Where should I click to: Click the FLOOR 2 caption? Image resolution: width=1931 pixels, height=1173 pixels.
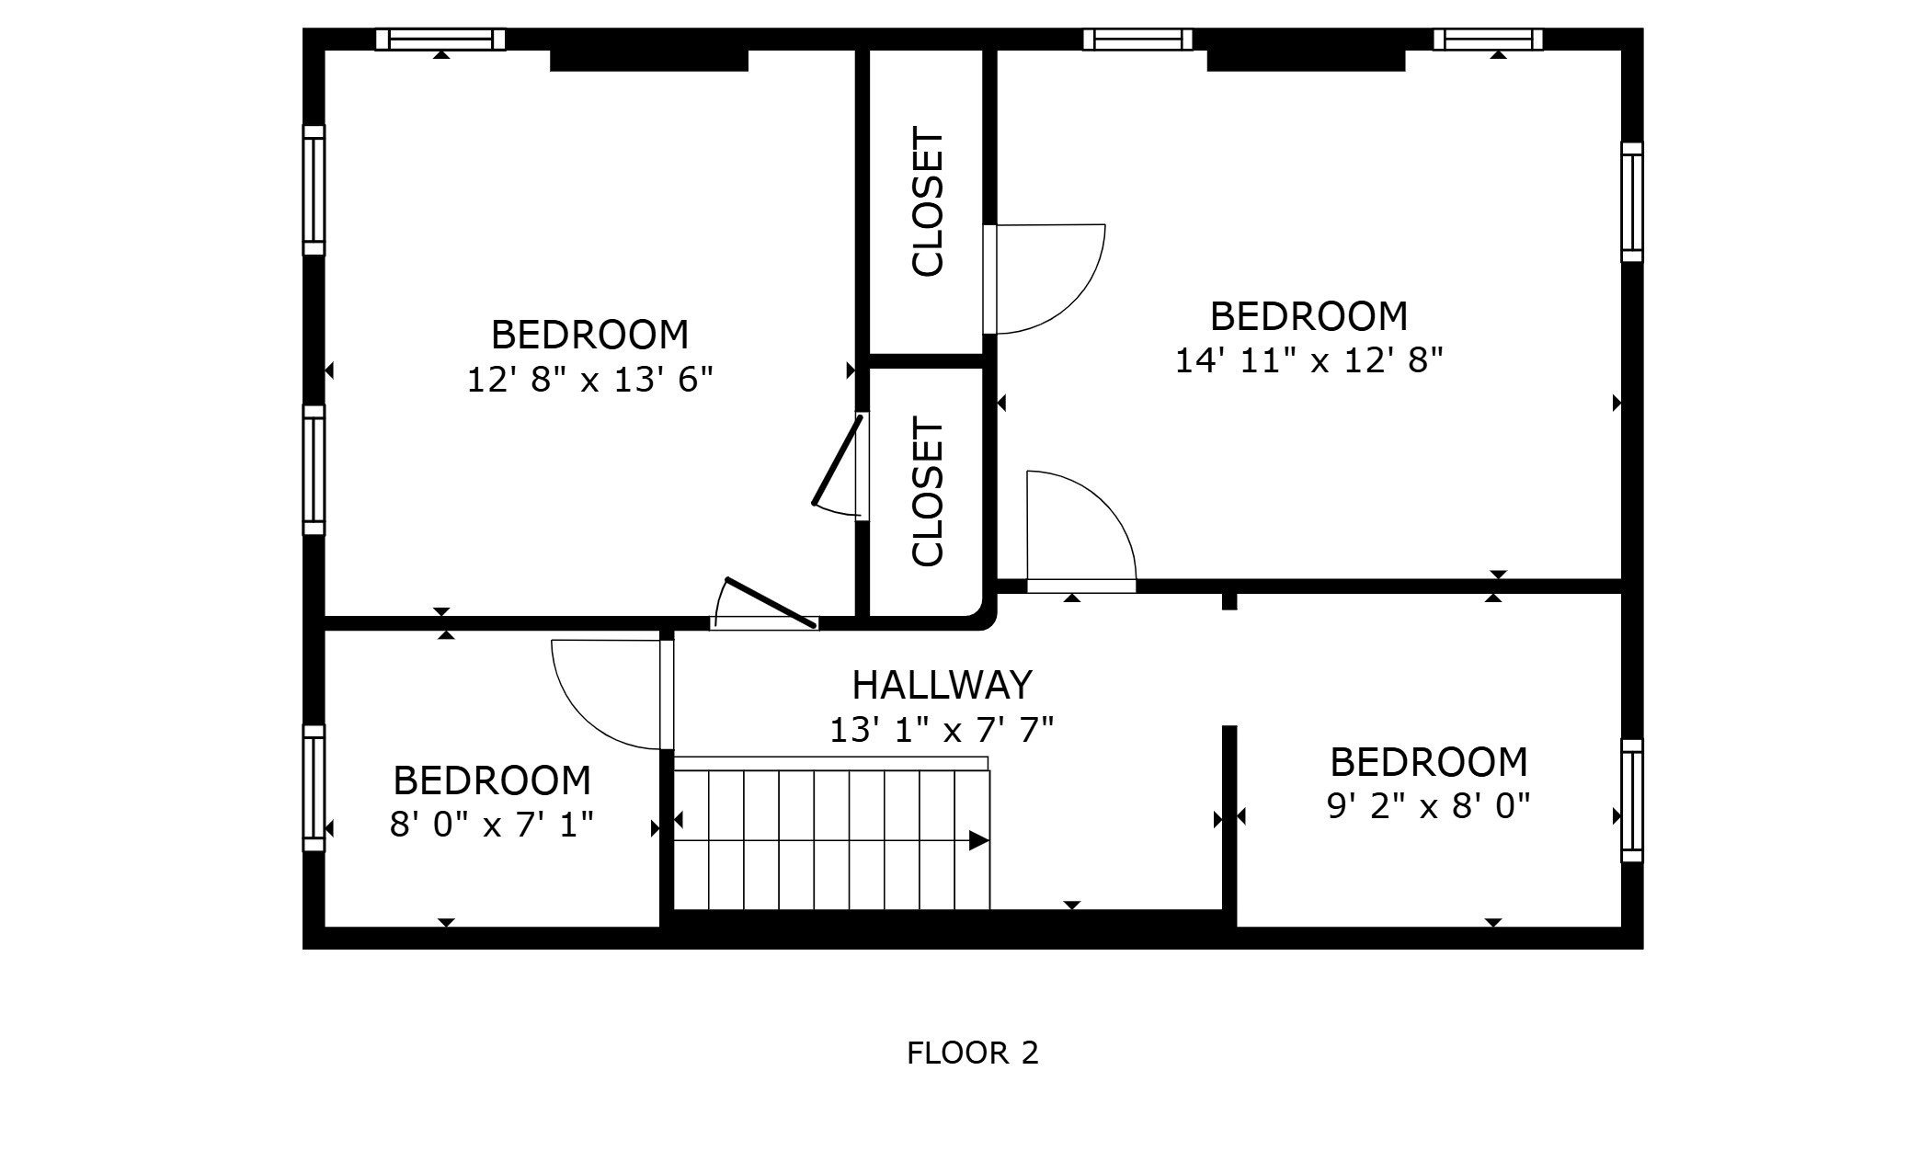click(972, 1053)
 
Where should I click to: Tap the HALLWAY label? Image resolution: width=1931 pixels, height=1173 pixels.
click(942, 685)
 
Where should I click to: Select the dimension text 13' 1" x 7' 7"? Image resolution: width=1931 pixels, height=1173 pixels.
click(942, 730)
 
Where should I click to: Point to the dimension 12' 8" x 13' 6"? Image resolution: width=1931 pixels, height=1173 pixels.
click(589, 379)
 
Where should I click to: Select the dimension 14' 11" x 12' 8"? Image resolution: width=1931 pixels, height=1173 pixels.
click(1308, 359)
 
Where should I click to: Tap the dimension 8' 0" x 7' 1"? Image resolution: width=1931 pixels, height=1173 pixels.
click(491, 825)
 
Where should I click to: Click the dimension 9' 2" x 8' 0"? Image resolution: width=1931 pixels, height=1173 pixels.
click(1428, 806)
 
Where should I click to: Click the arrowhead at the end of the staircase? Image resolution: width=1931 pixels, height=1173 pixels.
click(979, 840)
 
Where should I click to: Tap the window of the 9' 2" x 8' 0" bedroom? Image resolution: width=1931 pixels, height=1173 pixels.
click(1631, 801)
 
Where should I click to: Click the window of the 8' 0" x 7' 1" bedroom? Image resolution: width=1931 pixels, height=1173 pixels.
click(314, 788)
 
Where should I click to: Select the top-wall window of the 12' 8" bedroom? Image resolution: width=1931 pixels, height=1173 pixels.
click(440, 40)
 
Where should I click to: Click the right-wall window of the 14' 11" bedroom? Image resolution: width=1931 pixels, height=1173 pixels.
click(1631, 202)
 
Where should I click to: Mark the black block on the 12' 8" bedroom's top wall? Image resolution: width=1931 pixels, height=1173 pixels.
click(648, 60)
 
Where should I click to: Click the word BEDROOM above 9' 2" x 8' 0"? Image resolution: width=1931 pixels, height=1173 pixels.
click(1428, 762)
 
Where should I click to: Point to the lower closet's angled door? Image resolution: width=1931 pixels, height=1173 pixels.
click(837, 460)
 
